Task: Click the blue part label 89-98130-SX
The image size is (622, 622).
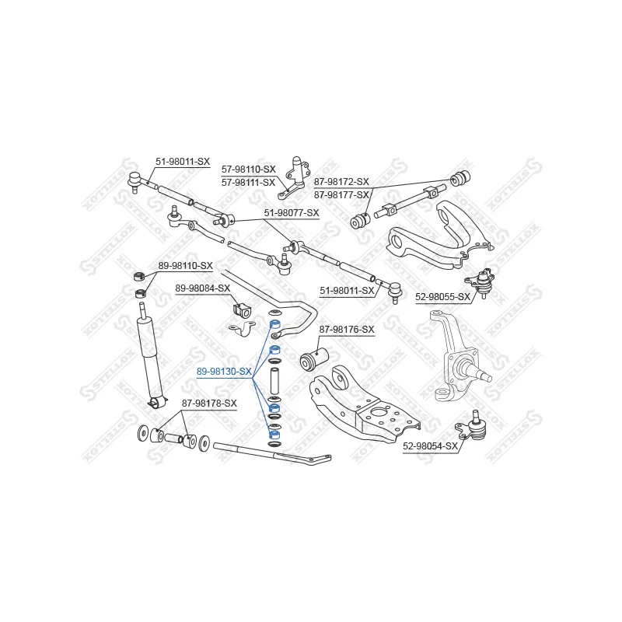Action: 224,372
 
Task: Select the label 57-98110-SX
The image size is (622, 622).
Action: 248,169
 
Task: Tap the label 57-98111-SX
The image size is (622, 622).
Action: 248,183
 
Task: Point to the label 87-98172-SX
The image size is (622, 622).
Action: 341,182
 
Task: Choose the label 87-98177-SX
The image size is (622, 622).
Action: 341,195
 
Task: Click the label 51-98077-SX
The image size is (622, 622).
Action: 292,213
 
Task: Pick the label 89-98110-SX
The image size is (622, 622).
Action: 186,266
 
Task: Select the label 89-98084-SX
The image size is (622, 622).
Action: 203,288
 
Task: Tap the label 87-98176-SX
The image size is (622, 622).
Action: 347,329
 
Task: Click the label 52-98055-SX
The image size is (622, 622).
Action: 442,297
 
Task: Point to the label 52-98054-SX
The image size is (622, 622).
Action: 431,446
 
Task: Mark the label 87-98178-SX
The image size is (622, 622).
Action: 209,404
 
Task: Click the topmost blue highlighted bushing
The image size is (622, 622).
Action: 275,324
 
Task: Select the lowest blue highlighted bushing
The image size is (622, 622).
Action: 274,434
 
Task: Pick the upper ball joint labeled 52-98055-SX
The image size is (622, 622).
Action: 481,282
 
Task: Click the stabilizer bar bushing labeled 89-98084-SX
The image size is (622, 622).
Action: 241,310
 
